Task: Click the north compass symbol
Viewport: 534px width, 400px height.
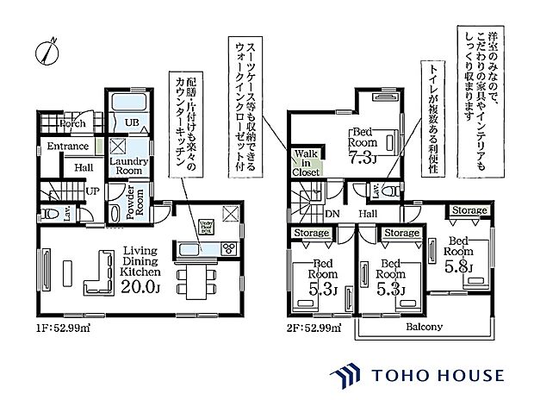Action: click(47, 49)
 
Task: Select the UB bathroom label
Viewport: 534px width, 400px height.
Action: click(132, 123)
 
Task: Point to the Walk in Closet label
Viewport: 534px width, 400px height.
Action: click(307, 162)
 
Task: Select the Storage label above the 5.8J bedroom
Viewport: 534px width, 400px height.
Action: click(469, 209)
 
